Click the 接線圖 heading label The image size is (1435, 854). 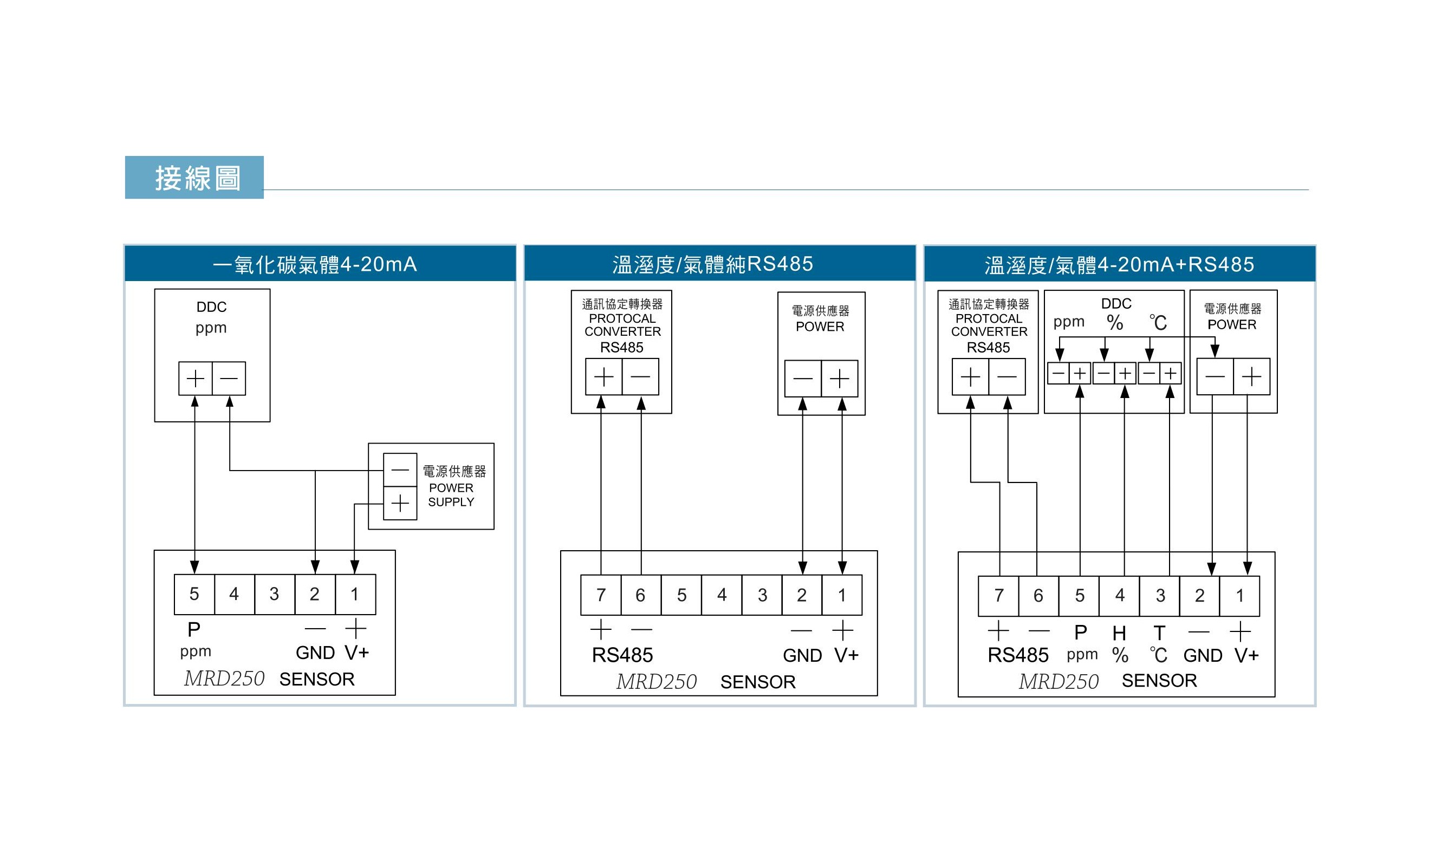197,178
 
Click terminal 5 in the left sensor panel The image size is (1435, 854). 194,594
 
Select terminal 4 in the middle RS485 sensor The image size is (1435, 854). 721,595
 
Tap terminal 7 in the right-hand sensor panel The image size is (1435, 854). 999,596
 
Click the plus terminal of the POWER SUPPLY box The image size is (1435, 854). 400,504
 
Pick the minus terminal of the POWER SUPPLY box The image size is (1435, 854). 400,470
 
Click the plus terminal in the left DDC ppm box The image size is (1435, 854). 196,378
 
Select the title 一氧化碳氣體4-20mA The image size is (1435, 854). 315,264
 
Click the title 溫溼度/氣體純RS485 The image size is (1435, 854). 712,264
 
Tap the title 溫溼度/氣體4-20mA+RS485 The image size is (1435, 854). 1119,265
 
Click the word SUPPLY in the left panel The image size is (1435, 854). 451,502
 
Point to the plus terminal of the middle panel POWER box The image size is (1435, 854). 839,379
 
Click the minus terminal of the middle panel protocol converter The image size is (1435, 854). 640,377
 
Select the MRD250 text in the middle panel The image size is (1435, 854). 656,682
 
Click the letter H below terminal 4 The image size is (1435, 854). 1119,634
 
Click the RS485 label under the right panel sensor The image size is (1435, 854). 1018,655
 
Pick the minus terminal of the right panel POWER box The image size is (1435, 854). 1215,377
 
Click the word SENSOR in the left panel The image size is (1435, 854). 316,680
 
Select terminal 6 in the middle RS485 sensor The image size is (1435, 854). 641,595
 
